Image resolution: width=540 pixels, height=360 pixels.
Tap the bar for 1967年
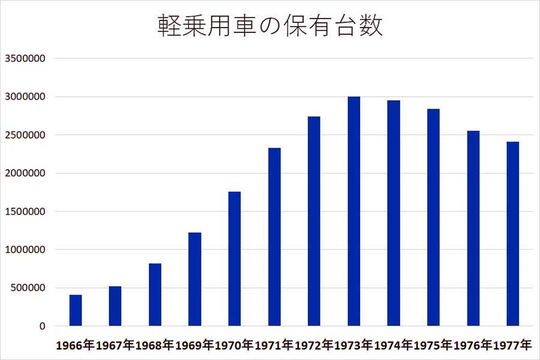point(115,307)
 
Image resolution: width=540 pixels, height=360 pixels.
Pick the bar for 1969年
point(194,280)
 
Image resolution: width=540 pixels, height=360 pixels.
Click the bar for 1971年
point(274,237)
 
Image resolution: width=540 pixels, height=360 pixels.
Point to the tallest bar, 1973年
point(354,211)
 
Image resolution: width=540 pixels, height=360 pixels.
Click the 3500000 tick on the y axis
point(25,59)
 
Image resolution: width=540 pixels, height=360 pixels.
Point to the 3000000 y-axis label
point(25,97)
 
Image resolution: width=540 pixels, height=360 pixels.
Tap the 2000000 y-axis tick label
point(25,173)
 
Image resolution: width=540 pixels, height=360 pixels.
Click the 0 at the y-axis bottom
point(43,326)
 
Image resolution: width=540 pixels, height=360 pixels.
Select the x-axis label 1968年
point(155,346)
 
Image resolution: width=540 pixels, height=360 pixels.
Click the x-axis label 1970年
point(234,346)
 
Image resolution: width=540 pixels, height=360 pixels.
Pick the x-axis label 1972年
point(314,346)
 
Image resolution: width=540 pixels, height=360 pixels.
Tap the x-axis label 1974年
point(393,346)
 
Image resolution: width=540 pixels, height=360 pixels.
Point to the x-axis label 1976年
point(473,346)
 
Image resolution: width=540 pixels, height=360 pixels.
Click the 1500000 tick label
point(25,211)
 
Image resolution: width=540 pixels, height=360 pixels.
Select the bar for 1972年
point(314,221)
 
